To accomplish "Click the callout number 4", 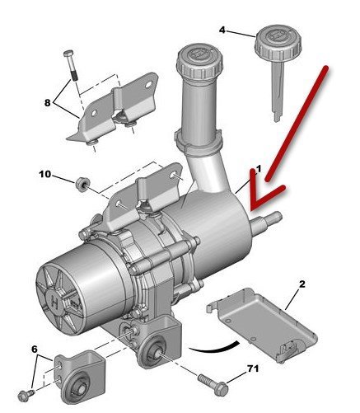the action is (x=222, y=30).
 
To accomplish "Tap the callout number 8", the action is (x=48, y=103).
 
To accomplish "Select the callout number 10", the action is (x=45, y=174).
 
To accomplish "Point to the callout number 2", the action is (x=302, y=284).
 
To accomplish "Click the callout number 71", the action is (x=253, y=368).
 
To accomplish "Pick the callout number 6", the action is (x=35, y=350).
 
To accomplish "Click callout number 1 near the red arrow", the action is (x=258, y=169).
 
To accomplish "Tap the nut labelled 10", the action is (x=82, y=184).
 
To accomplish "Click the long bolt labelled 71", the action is (x=213, y=384).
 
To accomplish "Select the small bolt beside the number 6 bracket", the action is (x=26, y=396).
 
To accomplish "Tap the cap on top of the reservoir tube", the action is (x=199, y=63).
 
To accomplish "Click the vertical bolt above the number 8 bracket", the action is (x=71, y=65).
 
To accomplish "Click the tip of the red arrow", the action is (x=252, y=206).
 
